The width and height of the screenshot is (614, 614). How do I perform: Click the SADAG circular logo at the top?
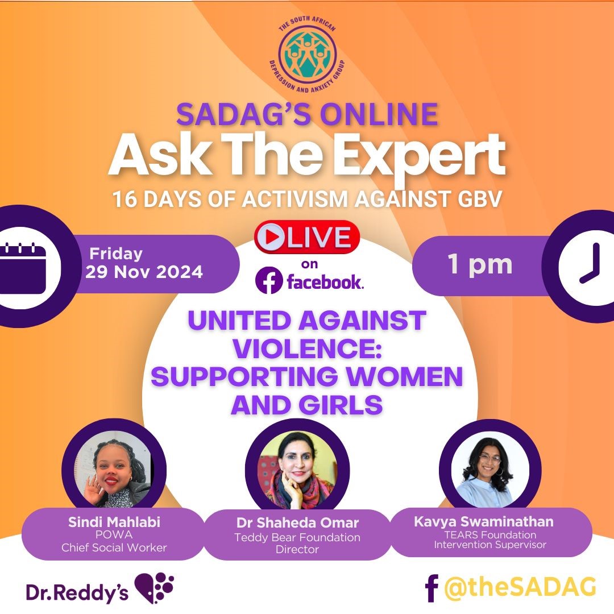point(307,53)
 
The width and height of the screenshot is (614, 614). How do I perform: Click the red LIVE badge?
point(307,237)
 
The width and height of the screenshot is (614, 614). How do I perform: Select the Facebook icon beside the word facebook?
point(269,281)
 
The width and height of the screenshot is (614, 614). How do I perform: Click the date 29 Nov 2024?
point(144,272)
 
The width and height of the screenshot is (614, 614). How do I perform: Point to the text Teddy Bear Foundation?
point(297,537)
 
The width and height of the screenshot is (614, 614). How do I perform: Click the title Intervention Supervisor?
point(489,545)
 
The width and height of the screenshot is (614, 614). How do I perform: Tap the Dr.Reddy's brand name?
point(77,592)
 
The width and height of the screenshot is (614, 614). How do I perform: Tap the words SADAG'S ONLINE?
point(307,114)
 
